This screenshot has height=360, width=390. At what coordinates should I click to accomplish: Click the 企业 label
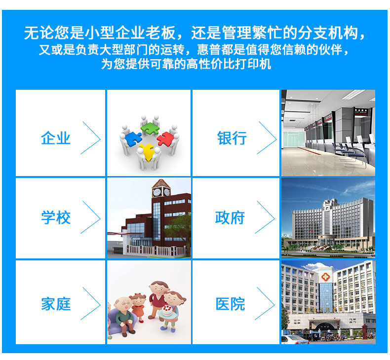[x=56, y=138]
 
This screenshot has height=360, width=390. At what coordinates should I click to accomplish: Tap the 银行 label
[x=232, y=138]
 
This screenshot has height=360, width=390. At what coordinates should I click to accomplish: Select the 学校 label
[x=56, y=217]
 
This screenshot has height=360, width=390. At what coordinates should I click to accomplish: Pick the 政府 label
[x=230, y=217]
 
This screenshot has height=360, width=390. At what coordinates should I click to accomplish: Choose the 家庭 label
[x=56, y=304]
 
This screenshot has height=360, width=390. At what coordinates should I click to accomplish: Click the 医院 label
[x=231, y=304]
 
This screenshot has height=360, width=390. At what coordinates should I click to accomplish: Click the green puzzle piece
[x=150, y=128]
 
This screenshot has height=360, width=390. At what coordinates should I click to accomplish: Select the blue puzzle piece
[x=133, y=138]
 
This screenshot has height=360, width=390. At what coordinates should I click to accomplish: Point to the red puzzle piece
[x=165, y=139]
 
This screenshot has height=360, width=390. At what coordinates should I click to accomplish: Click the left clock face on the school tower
[x=156, y=192]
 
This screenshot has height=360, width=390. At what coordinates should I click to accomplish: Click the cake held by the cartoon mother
[x=167, y=311]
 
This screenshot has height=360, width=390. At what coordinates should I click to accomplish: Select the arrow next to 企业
[x=90, y=138]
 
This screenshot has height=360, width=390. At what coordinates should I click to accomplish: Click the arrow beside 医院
[x=265, y=304]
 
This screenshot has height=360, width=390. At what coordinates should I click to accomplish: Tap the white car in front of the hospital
[x=295, y=340]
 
